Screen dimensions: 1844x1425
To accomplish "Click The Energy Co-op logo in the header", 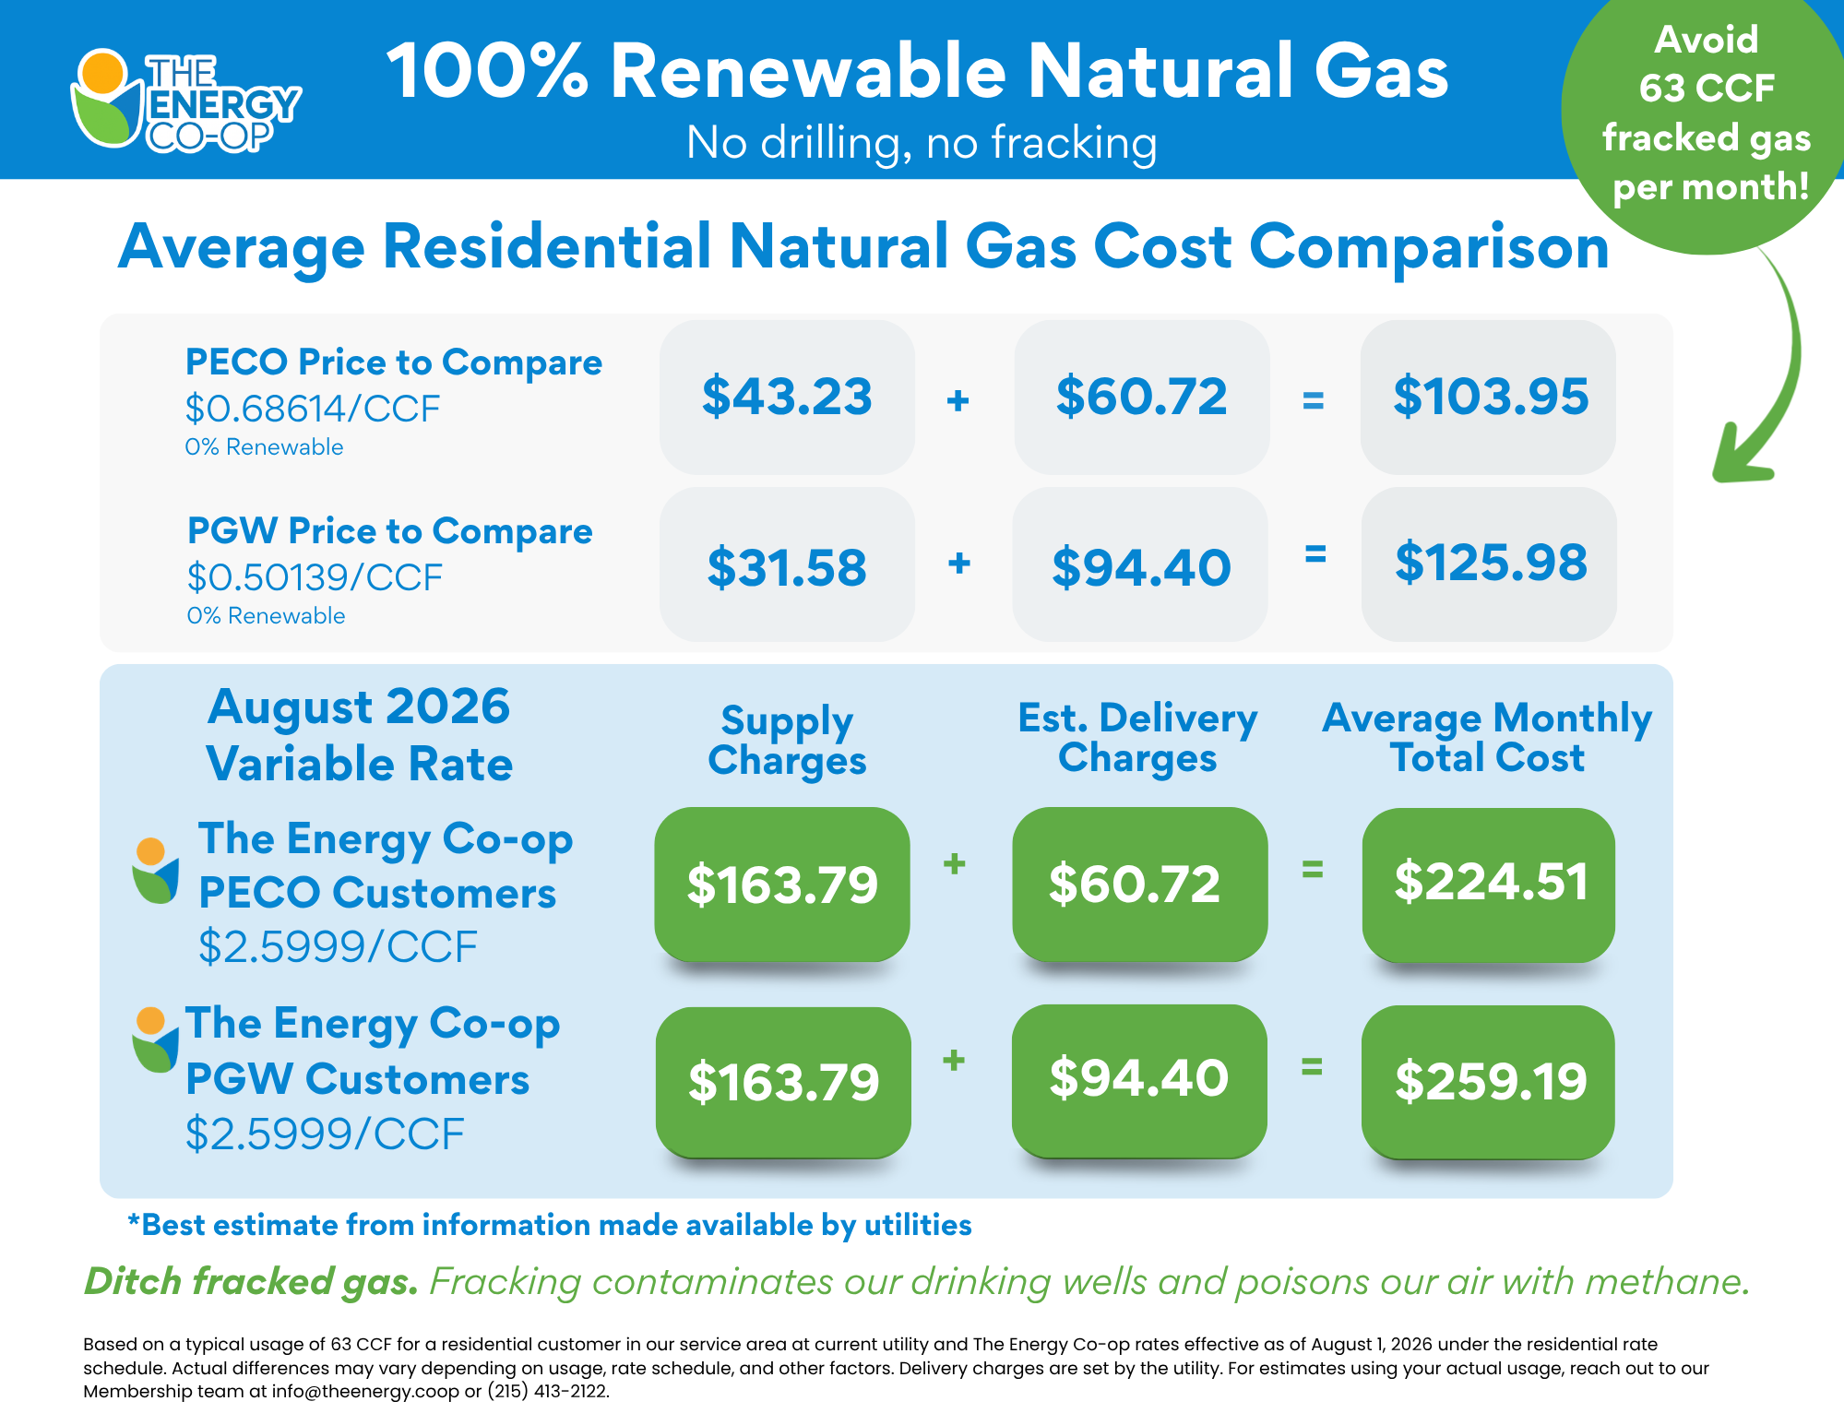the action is tap(185, 101).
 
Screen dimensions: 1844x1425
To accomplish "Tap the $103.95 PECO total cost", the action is tap(1490, 397).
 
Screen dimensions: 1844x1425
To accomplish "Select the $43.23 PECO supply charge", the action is tap(787, 397).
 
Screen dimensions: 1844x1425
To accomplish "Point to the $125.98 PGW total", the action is tap(1490, 564).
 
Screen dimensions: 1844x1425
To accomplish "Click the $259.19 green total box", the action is tap(1489, 1082).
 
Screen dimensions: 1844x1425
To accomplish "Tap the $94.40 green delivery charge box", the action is tap(1139, 1080).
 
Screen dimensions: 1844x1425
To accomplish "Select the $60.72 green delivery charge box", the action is tap(1139, 884).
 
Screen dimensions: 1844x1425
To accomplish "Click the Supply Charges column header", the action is tap(787, 741).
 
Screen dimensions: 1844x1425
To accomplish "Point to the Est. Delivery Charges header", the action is tap(1137, 738).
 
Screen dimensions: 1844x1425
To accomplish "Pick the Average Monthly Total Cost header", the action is tap(1487, 738).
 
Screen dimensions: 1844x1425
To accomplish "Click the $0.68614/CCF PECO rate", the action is tap(313, 409).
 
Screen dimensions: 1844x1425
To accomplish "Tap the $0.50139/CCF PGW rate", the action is tap(315, 577).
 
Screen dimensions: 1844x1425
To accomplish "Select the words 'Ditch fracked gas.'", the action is tap(251, 1282).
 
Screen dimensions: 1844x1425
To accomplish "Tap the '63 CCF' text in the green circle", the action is tap(1707, 89).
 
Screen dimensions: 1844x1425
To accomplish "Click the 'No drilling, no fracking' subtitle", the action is tap(922, 143).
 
